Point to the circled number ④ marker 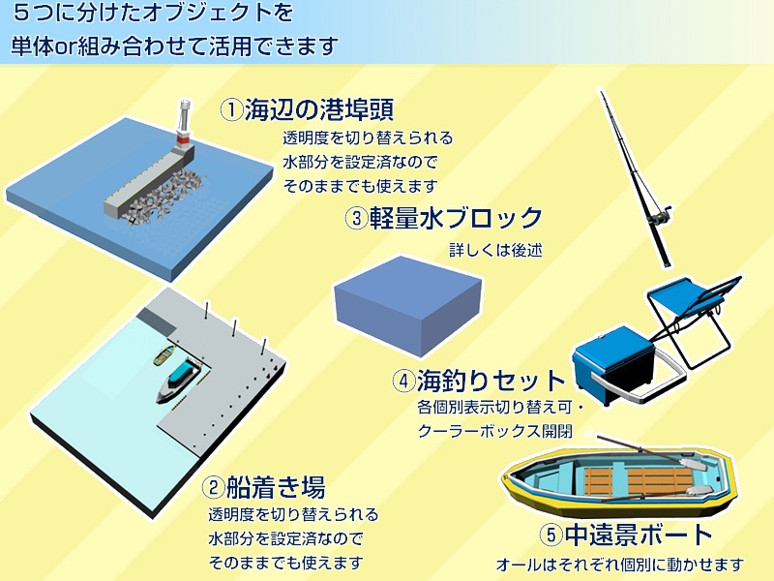(x=403, y=381)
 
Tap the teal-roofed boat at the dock (x=181, y=378)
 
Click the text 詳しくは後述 (x=495, y=249)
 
